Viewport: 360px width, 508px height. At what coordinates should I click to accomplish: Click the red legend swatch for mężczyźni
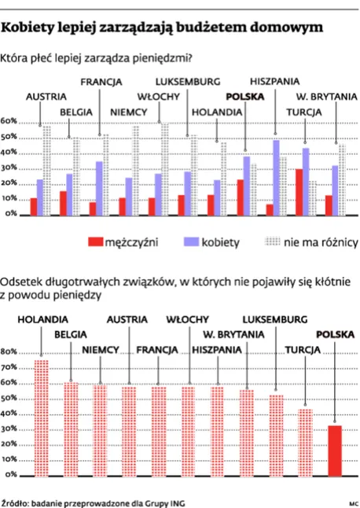pyautogui.click(x=94, y=242)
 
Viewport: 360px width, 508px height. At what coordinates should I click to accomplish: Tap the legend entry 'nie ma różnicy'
pyautogui.click(x=321, y=242)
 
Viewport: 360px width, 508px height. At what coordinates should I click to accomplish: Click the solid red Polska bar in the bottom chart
pyautogui.click(x=334, y=451)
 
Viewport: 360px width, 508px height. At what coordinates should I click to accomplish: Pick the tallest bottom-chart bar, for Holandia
pyautogui.click(x=41, y=418)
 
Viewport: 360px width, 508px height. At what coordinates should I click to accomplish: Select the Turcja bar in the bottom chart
pyautogui.click(x=306, y=442)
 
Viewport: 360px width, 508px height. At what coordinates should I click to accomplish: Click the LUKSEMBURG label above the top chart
pyautogui.click(x=188, y=81)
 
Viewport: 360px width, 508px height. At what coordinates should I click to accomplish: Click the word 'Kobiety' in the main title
pyautogui.click(x=32, y=27)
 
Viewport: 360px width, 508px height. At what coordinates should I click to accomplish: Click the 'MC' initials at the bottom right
pyautogui.click(x=352, y=501)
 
